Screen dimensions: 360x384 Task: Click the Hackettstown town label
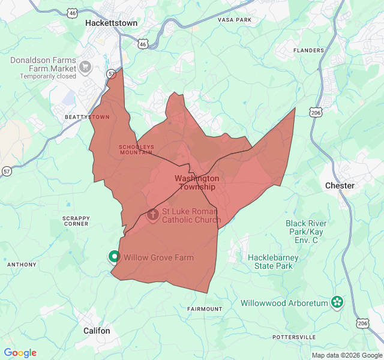[111, 23]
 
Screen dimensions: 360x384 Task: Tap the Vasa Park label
[234, 20]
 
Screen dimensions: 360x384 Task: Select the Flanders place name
[308, 50]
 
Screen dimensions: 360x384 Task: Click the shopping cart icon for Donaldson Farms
[85, 66]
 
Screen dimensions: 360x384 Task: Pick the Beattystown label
[87, 117]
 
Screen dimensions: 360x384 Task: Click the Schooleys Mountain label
[136, 149]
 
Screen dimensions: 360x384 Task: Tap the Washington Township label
[197, 182]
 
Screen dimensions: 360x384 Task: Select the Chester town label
[340, 185]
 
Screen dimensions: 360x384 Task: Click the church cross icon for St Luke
[152, 214]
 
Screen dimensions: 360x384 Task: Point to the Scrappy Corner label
[76, 221]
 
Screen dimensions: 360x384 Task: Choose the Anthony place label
[22, 265]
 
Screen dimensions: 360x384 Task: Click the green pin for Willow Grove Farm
[114, 257]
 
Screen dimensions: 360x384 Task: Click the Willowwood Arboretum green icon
[337, 303]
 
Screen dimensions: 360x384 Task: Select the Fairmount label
[205, 309]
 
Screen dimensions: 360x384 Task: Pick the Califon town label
[97, 331]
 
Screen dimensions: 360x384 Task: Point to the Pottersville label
[294, 337]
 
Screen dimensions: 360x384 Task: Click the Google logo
[20, 353]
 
